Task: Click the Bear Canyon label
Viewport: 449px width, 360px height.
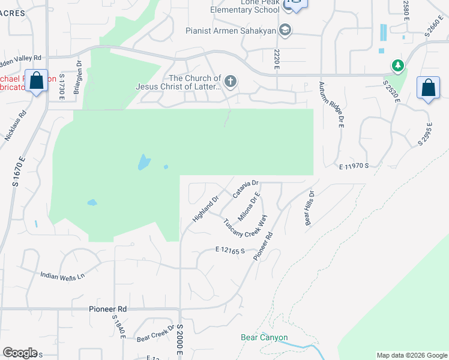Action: click(264, 338)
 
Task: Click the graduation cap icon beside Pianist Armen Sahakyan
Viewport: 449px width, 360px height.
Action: click(286, 30)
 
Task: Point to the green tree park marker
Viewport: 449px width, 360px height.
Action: click(396, 65)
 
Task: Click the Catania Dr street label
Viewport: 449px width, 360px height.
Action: click(245, 189)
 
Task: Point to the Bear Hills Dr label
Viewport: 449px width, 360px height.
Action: click(310, 208)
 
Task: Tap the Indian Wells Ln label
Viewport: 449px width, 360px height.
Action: click(63, 277)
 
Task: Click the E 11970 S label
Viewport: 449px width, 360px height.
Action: click(352, 166)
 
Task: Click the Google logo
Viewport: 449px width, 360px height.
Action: click(20, 353)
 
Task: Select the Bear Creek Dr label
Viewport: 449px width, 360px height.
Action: click(155, 335)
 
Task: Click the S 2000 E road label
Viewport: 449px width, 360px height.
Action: click(179, 341)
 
